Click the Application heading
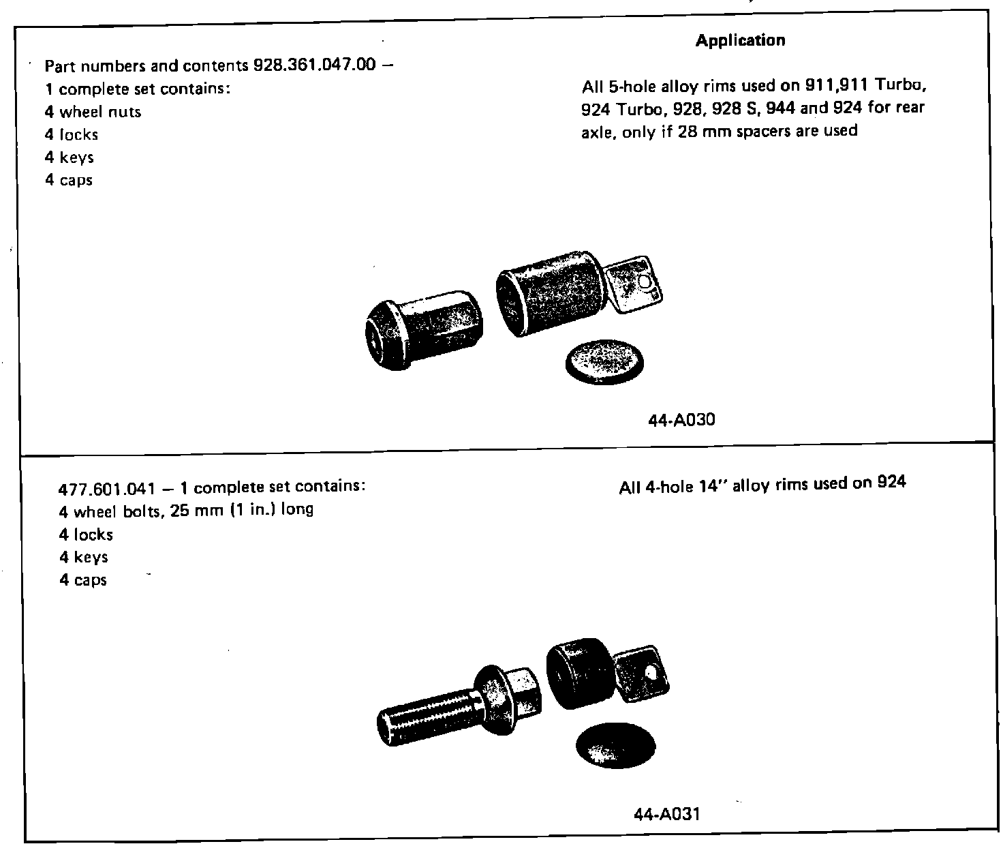click(x=740, y=41)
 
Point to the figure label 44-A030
click(x=681, y=420)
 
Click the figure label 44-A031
click(x=667, y=813)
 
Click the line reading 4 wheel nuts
click(x=93, y=112)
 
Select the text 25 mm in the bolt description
click(x=193, y=511)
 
